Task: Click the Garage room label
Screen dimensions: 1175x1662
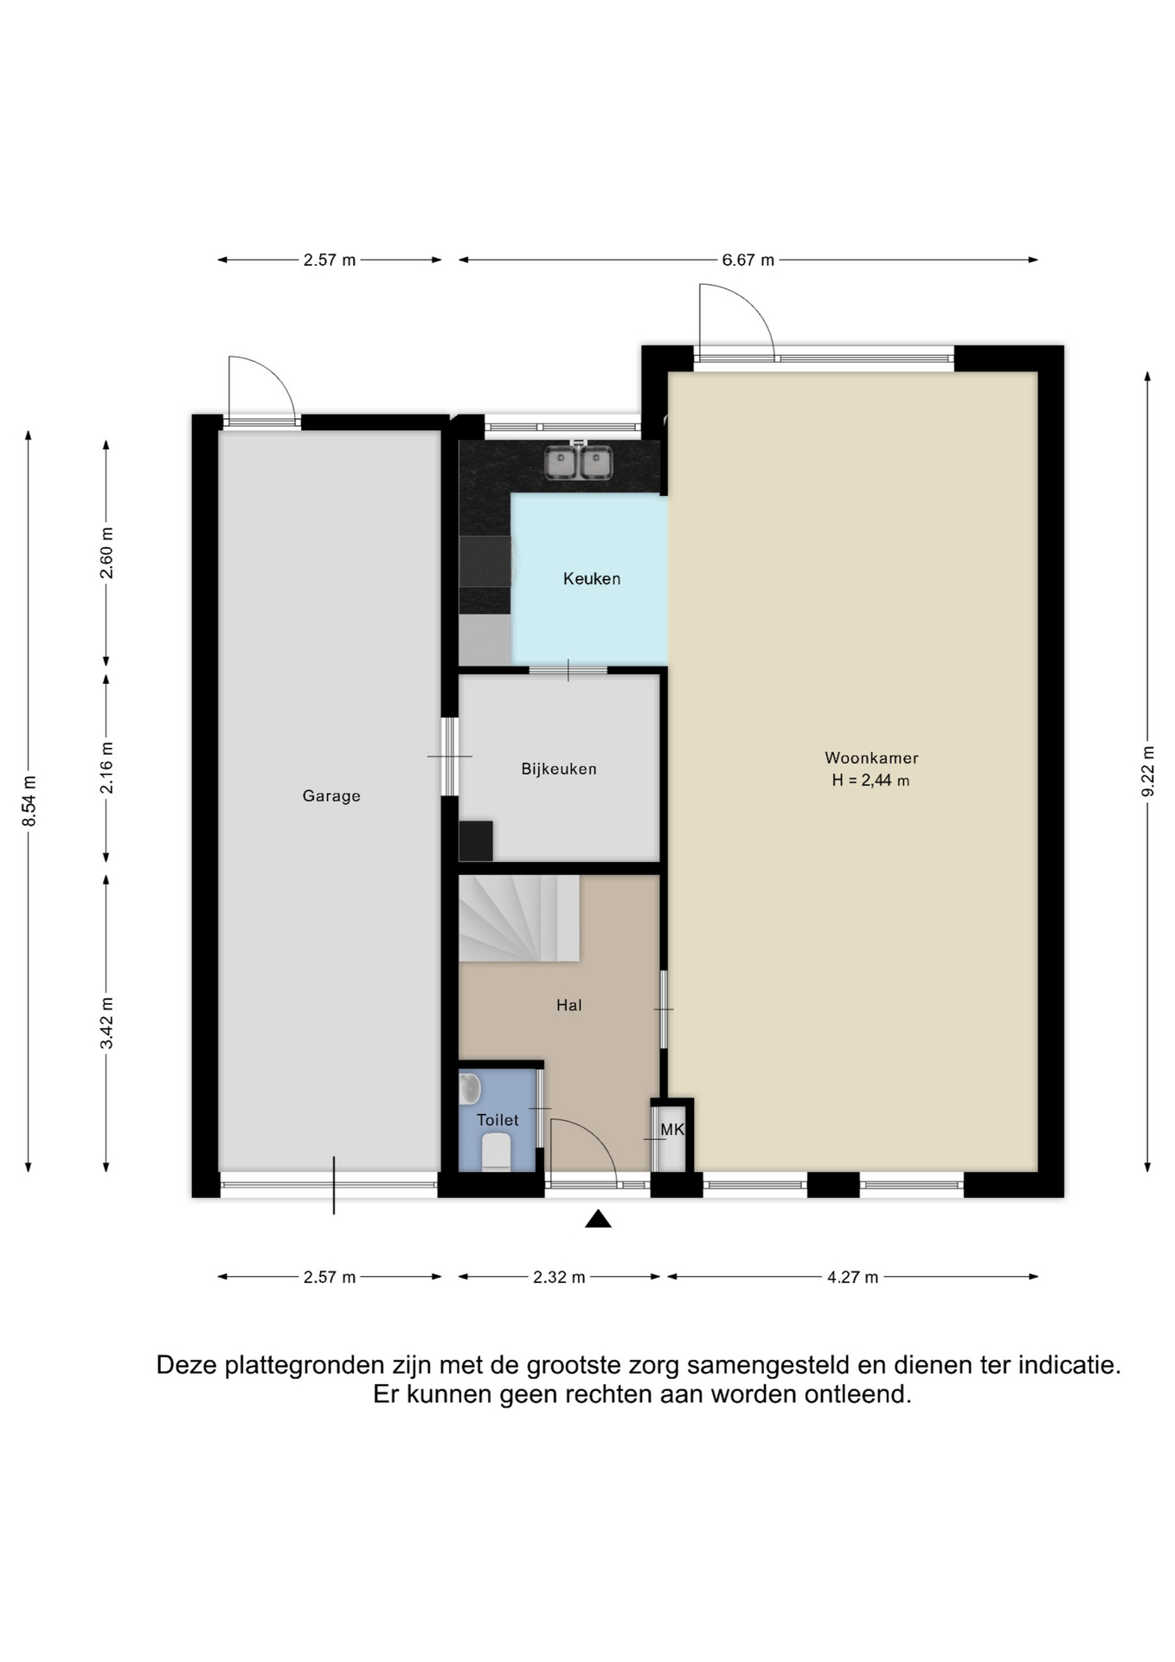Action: (x=331, y=796)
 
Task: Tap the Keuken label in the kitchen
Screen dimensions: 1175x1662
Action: (x=592, y=579)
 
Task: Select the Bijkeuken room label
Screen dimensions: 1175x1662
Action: (x=559, y=769)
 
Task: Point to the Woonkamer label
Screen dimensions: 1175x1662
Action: (x=871, y=758)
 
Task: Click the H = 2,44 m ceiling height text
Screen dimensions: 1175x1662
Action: (x=870, y=781)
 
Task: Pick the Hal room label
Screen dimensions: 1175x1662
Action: (x=569, y=1006)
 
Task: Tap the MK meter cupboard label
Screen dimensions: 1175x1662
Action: (x=672, y=1130)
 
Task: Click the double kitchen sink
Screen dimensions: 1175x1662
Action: (x=579, y=462)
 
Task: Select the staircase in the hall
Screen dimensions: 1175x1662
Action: (x=518, y=918)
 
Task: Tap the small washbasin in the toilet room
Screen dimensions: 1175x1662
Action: (x=469, y=1089)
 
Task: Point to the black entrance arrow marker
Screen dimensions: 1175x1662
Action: (x=598, y=1219)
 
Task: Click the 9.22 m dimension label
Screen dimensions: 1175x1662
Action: (x=1148, y=771)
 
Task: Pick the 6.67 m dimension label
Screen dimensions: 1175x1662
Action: (x=748, y=260)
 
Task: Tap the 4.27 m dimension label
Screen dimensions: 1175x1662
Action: (x=853, y=1277)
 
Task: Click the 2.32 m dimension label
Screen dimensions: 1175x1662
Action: (x=559, y=1277)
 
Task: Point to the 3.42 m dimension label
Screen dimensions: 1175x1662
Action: (x=106, y=1023)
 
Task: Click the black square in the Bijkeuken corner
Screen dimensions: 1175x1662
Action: (x=476, y=841)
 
